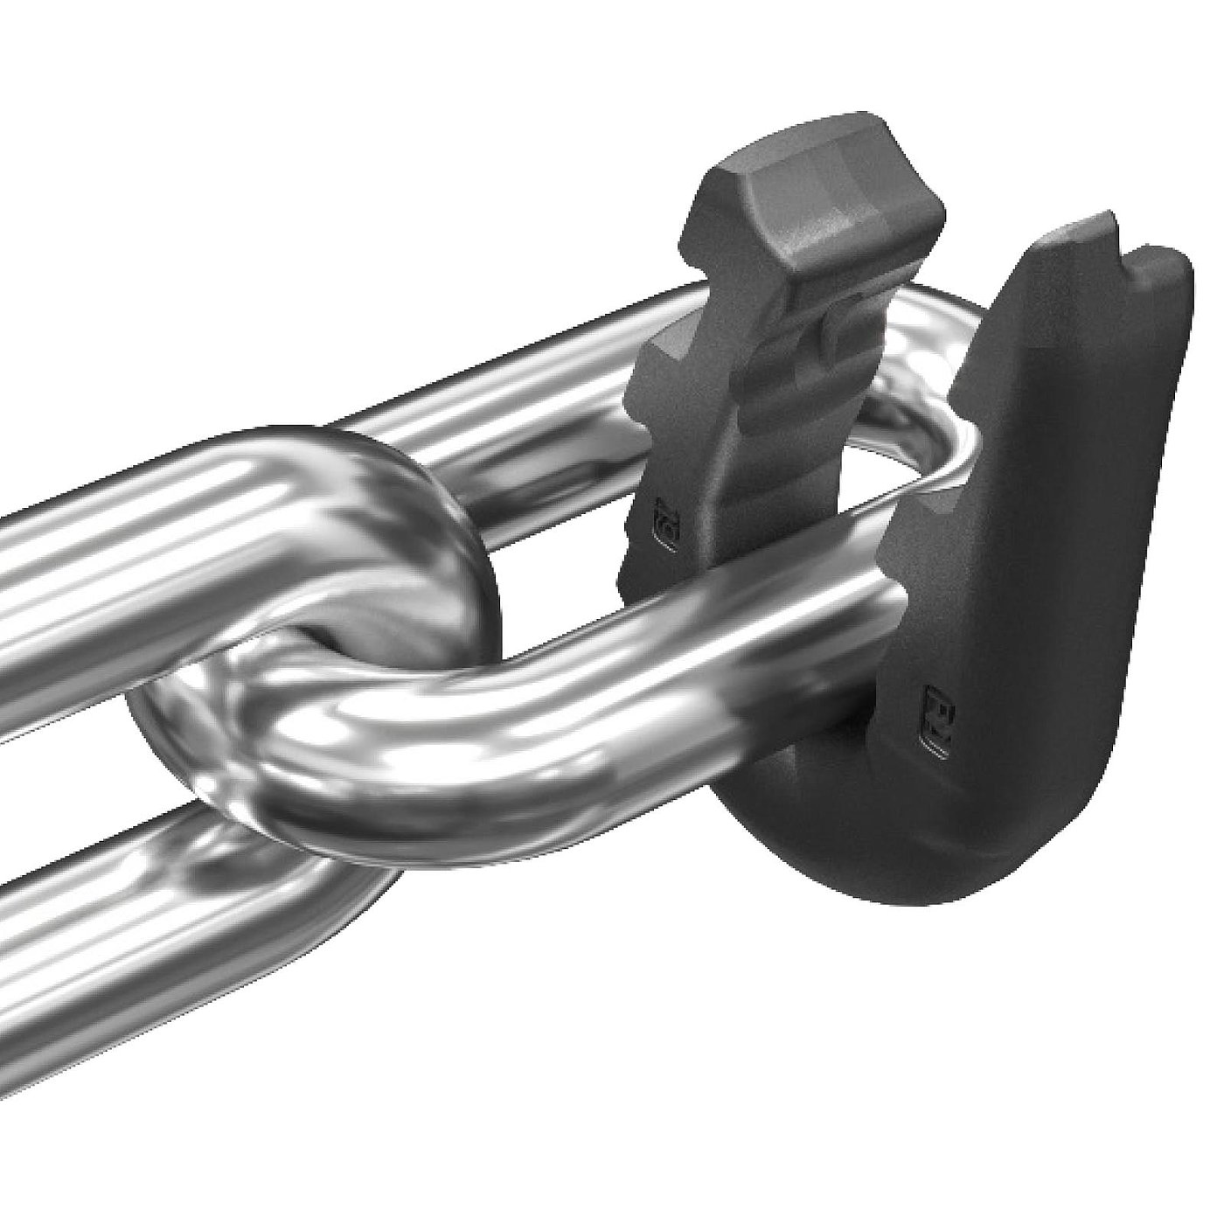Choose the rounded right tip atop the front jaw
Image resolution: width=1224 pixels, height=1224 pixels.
(1167, 262)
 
